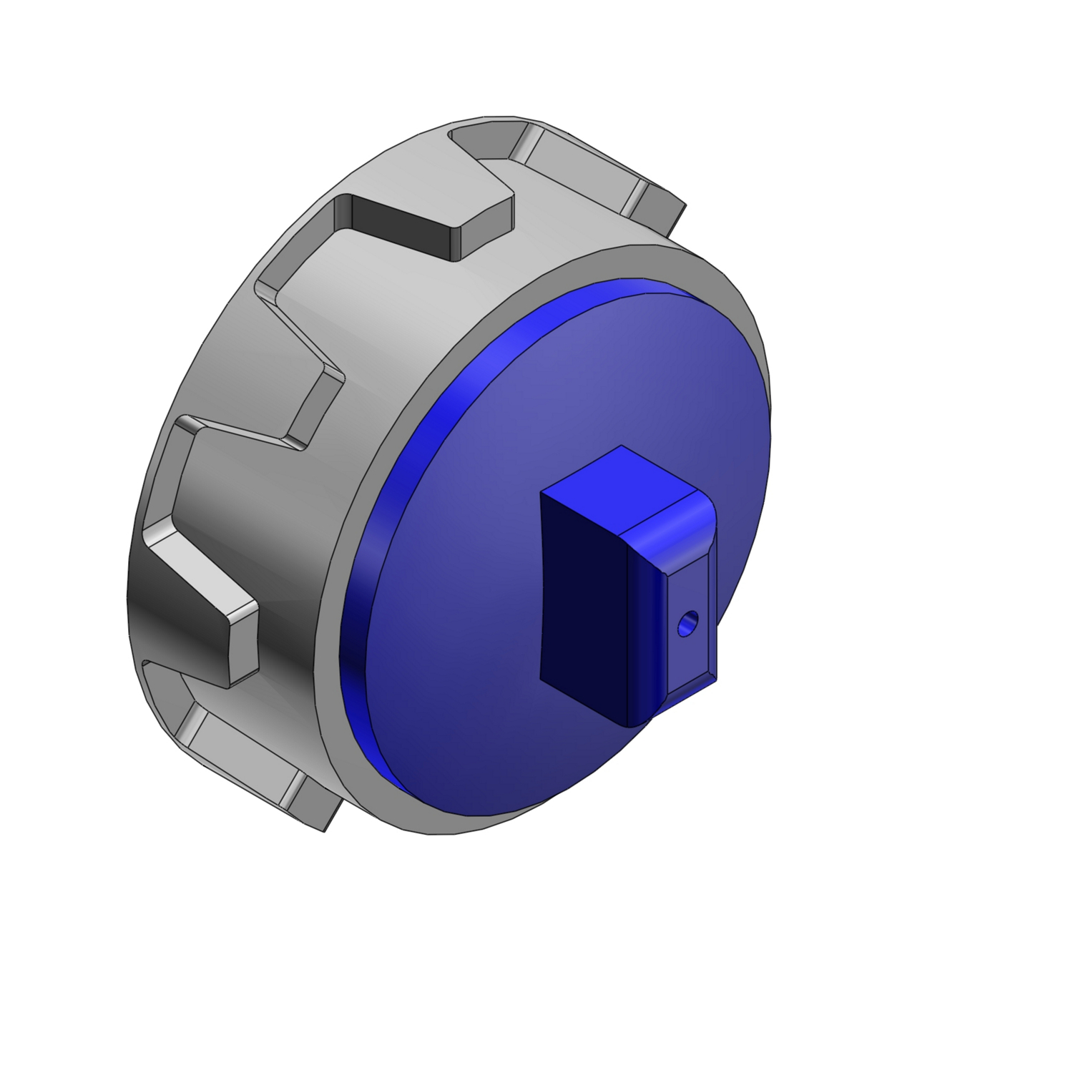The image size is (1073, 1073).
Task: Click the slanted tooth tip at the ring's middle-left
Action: point(315,408)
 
